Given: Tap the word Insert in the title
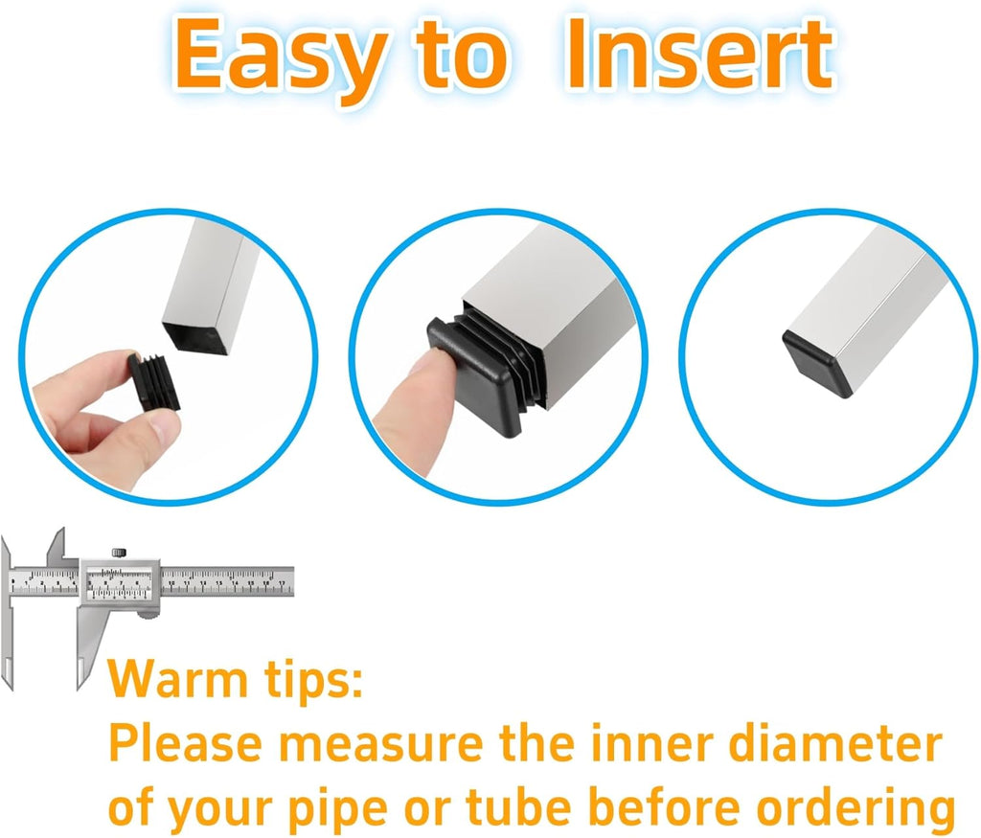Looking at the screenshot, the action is point(698,54).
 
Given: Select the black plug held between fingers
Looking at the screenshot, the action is point(154,381).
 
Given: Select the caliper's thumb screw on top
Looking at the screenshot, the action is point(119,553).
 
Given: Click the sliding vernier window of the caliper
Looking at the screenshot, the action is point(119,581).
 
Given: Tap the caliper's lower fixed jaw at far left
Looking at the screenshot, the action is point(8,638).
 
